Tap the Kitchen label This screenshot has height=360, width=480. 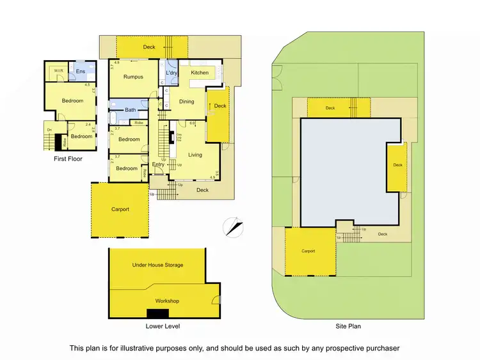200,73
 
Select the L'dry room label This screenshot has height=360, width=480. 172,74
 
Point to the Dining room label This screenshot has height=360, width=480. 186,102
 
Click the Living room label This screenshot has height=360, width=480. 195,155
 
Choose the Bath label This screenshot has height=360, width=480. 130,110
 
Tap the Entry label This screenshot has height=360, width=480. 158,165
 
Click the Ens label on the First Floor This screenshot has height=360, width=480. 81,72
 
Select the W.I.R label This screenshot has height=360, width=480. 58,70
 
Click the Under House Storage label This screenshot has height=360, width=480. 157,265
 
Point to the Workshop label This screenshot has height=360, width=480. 167,301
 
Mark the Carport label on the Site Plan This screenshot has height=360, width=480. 308,251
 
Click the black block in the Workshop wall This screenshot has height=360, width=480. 157,313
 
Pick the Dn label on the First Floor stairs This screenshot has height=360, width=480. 49,130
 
